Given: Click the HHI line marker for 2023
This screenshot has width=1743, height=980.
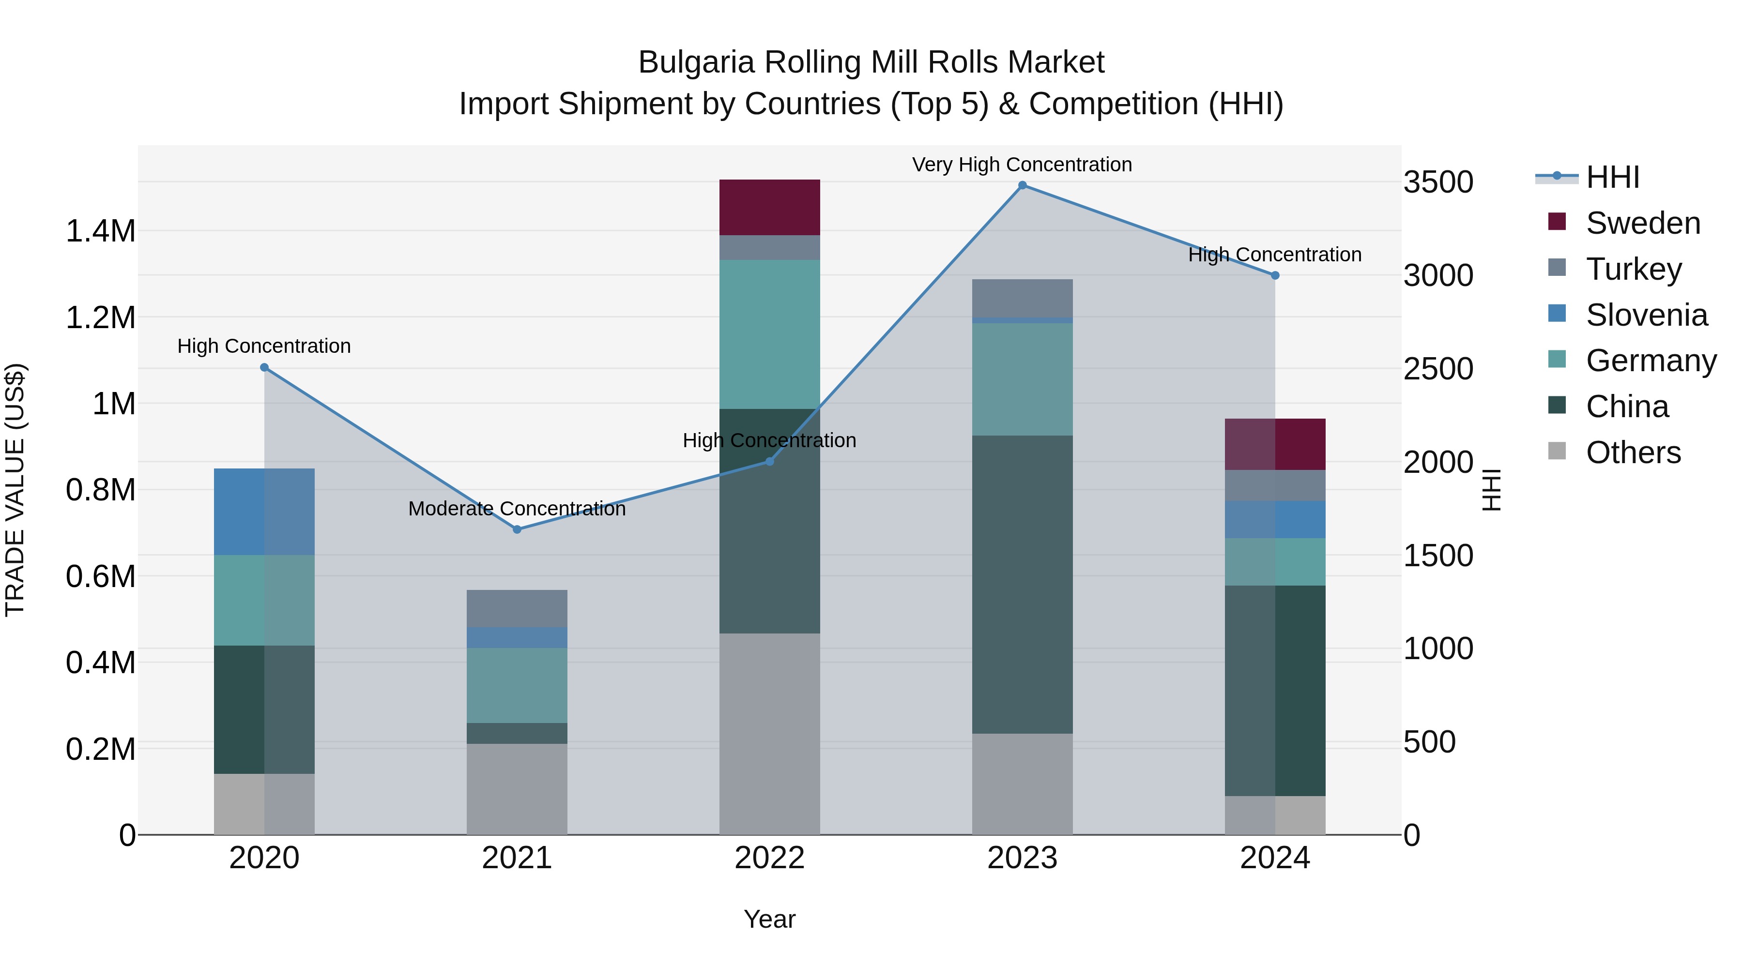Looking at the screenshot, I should (x=1022, y=185).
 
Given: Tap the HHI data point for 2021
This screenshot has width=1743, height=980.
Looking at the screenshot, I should (x=517, y=529).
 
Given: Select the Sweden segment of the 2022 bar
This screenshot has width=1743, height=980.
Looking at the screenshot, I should (x=769, y=207).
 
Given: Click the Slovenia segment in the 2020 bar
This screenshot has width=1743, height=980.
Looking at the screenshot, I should (x=264, y=512).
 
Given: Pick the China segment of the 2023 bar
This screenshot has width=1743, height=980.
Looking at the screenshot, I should (x=1022, y=584).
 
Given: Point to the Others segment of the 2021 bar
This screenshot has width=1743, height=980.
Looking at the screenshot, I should (x=517, y=789).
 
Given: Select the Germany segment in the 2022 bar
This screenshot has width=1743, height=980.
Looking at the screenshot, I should (x=769, y=334).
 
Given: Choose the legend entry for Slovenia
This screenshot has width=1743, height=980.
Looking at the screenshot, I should (x=1646, y=315).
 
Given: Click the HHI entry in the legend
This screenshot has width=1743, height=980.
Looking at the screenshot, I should (x=1612, y=177).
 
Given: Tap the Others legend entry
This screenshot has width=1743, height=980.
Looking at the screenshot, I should (x=1633, y=452).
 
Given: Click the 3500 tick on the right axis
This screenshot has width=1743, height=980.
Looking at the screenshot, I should (x=1438, y=182).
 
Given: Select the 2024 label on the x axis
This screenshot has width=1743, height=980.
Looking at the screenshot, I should (x=1274, y=858).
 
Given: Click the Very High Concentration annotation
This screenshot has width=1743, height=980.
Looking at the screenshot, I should (x=1022, y=165).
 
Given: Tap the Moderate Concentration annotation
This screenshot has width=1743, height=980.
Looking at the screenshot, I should (x=517, y=509).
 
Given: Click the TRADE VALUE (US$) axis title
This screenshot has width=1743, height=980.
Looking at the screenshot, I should (x=15, y=490).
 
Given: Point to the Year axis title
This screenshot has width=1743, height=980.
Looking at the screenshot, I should (x=769, y=919).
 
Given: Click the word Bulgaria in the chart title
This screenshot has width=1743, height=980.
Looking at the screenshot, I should (x=696, y=62).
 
